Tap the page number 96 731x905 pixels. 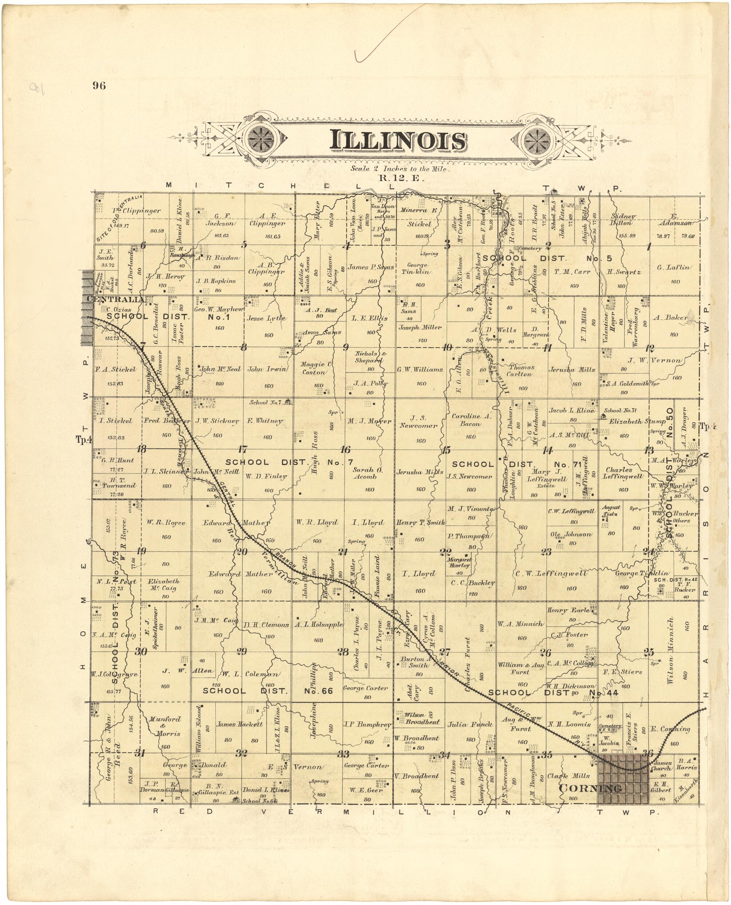tap(99, 86)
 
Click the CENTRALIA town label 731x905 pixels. tap(115, 299)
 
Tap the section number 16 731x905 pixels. tap(345, 449)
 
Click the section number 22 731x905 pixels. tap(445, 552)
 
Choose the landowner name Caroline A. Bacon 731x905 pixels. tap(471, 420)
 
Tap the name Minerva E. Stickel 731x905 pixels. tap(419, 217)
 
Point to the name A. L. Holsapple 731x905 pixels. tap(319, 624)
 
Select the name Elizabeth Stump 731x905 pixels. tap(637, 421)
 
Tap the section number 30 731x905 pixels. tap(141, 651)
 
